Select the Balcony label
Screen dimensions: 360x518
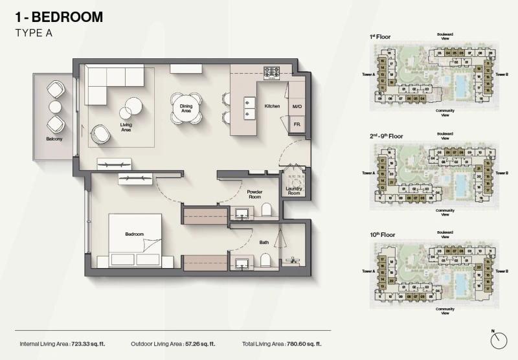(x=54, y=138)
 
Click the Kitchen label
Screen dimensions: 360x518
(x=271, y=105)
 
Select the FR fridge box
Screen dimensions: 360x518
(x=297, y=123)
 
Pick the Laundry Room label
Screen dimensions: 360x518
(x=294, y=190)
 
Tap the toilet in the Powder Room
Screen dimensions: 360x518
(x=266, y=209)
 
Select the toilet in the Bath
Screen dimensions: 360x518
(x=266, y=260)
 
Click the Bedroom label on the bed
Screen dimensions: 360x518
(x=135, y=234)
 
